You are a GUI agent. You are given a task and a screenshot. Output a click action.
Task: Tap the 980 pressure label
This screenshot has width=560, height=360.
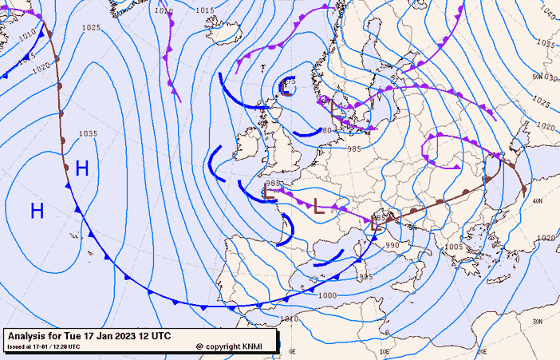point(325,131)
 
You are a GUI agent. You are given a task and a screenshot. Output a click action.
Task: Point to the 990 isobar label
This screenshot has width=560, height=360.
point(392,245)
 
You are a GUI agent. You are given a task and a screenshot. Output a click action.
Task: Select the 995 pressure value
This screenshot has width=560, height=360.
point(365,277)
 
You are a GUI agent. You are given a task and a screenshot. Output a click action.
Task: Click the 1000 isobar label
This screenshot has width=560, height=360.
point(327,295)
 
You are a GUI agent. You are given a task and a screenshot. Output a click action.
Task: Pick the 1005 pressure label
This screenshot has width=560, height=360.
point(453,247)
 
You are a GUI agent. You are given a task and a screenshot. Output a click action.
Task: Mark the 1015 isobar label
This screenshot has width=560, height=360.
point(205,10)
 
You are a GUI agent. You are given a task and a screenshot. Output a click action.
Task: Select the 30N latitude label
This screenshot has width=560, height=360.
point(538,321)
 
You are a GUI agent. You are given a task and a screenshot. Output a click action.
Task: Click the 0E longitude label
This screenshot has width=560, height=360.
point(292,352)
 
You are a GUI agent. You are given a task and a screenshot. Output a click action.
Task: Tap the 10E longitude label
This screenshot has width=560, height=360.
point(385,352)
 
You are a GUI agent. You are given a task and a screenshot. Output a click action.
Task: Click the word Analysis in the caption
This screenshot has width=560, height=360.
point(32,335)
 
